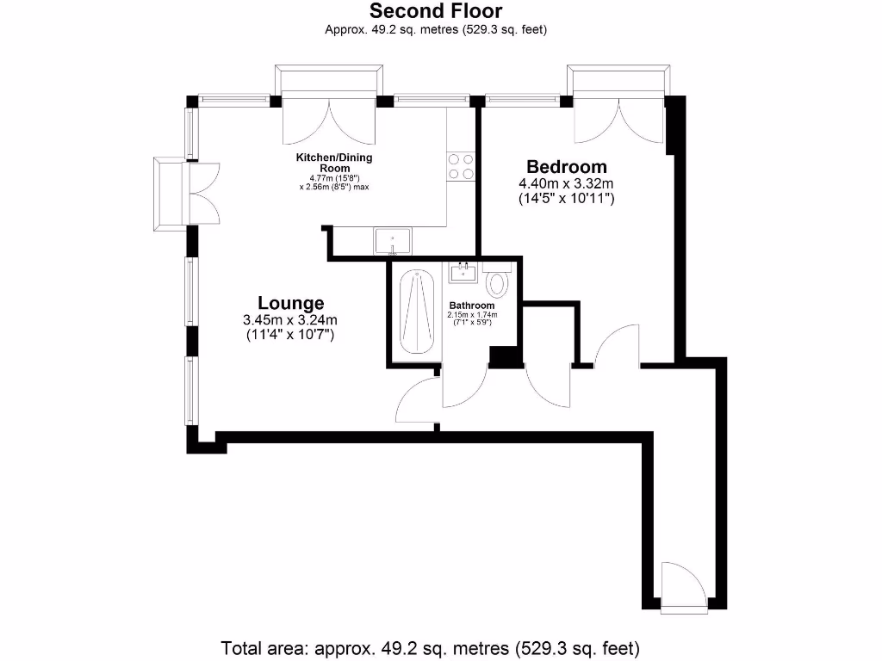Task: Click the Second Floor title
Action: pos(436,11)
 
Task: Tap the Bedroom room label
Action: pos(567,167)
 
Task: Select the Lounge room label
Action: pos(291,303)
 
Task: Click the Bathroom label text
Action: pos(472,306)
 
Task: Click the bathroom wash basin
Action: pos(463,273)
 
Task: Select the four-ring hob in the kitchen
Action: pos(461,166)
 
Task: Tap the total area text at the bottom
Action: pos(432,647)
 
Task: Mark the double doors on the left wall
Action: pos(204,193)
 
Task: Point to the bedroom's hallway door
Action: pos(615,349)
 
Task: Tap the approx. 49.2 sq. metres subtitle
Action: pos(436,30)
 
